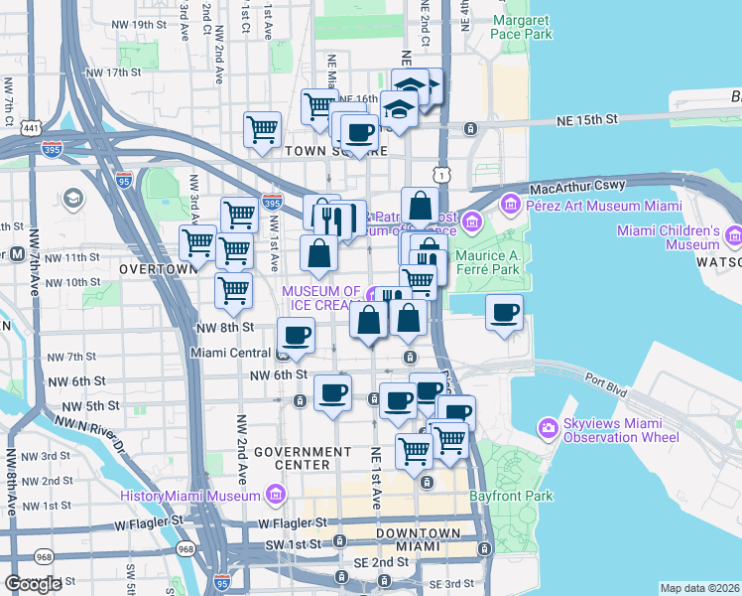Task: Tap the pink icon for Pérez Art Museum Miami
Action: click(512, 206)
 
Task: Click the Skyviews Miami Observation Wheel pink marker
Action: click(548, 429)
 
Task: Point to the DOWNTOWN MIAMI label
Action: click(418, 540)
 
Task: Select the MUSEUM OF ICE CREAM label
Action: click(321, 298)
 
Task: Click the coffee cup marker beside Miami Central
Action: click(295, 336)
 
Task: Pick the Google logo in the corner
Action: click(34, 583)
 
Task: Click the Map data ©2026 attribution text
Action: click(699, 588)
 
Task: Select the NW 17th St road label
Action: click(115, 73)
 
